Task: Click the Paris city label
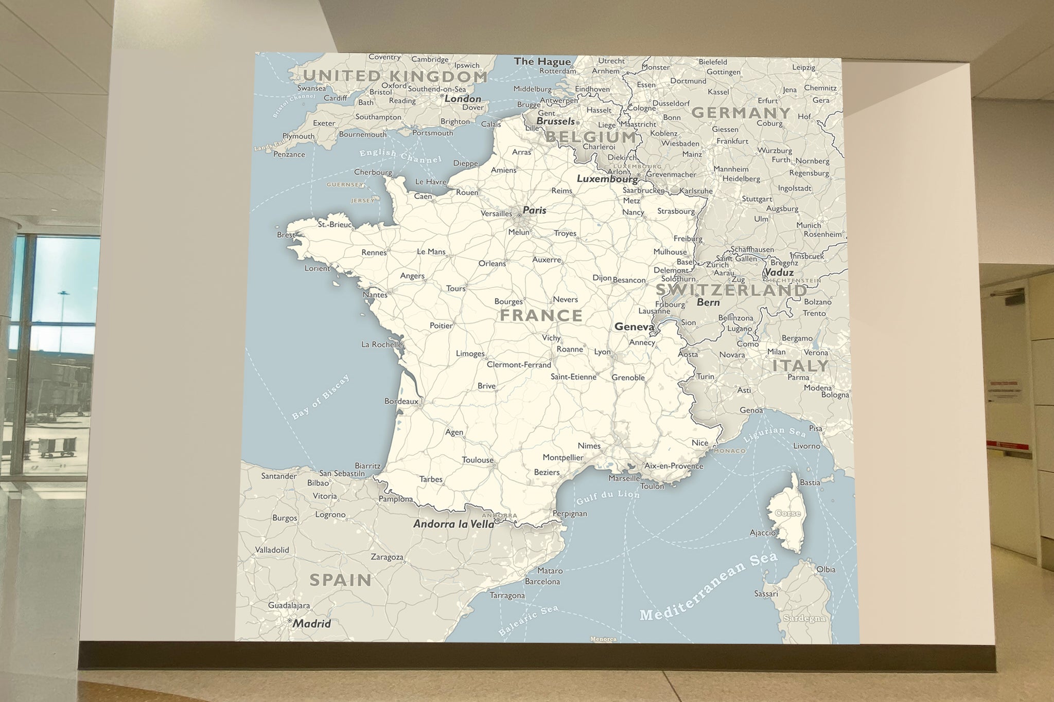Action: coord(534,210)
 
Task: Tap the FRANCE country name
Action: coord(541,315)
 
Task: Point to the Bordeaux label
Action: coord(401,401)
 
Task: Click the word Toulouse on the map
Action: coord(478,460)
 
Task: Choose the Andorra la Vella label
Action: coord(453,524)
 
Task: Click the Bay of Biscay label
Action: coord(321,397)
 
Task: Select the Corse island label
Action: coord(787,513)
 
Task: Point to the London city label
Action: coord(463,99)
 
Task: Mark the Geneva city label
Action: coord(634,327)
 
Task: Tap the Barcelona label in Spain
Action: coord(542,582)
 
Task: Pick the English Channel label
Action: coord(400,156)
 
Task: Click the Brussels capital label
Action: coord(555,121)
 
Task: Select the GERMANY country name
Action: coord(741,113)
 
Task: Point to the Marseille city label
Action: coord(624,478)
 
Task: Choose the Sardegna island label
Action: coord(804,618)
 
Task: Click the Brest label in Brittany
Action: coord(286,235)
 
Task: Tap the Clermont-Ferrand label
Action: coord(519,365)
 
